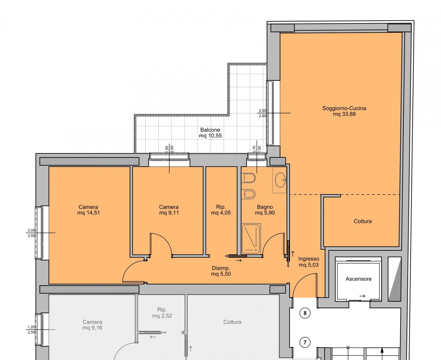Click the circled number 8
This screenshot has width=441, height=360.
(x=305, y=313)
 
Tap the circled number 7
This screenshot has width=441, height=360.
(x=305, y=342)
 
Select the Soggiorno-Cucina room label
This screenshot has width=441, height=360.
(x=344, y=111)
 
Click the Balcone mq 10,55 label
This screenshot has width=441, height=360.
(x=210, y=133)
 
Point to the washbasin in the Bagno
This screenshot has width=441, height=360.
(x=280, y=180)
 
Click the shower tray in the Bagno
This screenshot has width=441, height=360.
(x=251, y=239)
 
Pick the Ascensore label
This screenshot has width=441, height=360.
(x=358, y=279)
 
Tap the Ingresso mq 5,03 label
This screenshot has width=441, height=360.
(x=309, y=262)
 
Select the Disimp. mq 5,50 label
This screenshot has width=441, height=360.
(x=221, y=271)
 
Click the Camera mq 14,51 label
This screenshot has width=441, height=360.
(x=88, y=210)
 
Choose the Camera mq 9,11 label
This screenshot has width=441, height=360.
(x=169, y=210)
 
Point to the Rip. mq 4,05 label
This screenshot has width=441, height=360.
(x=221, y=210)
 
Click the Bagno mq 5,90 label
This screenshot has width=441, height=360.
(x=265, y=210)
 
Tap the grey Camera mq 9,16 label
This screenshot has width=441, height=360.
(x=92, y=325)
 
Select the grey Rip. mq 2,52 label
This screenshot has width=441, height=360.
(x=162, y=313)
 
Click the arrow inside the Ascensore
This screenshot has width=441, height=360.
(x=362, y=296)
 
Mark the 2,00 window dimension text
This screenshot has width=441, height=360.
(x=31, y=230)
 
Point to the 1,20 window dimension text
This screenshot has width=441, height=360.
(x=31, y=327)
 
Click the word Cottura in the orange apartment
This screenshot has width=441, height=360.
(x=363, y=221)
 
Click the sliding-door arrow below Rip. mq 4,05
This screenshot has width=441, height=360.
(x=239, y=260)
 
